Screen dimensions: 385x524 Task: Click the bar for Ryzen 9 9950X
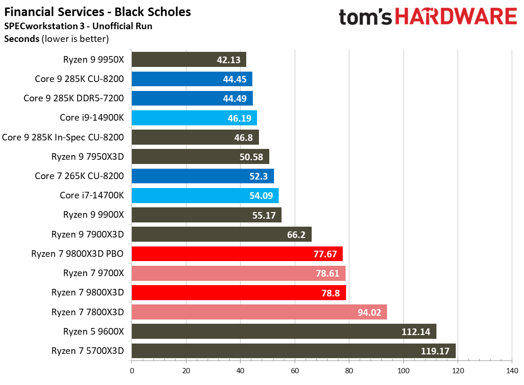pos(189,59)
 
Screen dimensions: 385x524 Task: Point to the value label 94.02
pos(369,312)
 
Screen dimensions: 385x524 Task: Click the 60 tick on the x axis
pos(295,370)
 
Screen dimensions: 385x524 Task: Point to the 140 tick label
pos(512,370)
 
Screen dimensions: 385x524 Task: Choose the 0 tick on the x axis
pos(132,370)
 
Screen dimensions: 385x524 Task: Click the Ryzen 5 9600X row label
pos(93,331)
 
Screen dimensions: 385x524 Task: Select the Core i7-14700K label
pos(92,195)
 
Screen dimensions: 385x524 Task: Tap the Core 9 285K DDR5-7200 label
pos(74,98)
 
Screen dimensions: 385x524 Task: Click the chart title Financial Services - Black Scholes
pos(98,12)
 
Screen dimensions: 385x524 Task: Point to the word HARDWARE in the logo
pos(455,17)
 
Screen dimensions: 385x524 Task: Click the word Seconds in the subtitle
pos(22,39)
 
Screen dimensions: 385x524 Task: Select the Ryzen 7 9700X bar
pos(238,273)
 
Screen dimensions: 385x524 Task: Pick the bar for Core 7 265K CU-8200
pos(202,176)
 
